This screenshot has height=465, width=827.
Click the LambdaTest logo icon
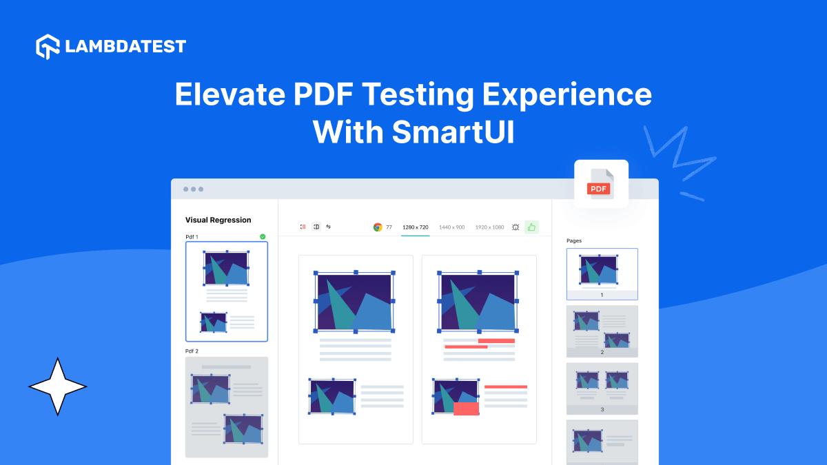click(x=48, y=46)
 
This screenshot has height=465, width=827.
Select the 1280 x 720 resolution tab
click(x=416, y=227)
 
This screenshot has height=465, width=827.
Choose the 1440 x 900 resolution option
click(x=451, y=227)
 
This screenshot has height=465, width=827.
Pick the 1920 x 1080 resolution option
click(x=489, y=227)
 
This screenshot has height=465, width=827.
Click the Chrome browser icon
click(x=378, y=227)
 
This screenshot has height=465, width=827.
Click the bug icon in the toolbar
click(x=515, y=227)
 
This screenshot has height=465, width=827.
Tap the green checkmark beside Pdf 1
click(x=263, y=236)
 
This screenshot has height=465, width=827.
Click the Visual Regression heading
click(x=218, y=220)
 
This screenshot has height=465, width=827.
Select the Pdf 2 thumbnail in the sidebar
click(x=227, y=406)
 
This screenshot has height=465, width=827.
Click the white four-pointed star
click(x=58, y=386)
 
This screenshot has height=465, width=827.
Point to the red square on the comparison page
click(x=466, y=408)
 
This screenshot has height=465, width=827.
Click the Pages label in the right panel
click(x=573, y=240)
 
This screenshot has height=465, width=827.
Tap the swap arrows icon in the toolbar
click(x=329, y=226)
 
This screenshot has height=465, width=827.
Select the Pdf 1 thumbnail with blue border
click(x=227, y=291)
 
